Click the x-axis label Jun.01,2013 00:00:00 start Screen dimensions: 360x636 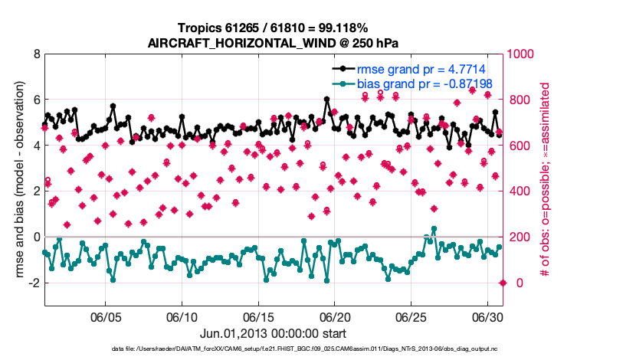[274, 334]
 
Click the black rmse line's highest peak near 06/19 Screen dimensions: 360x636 [327, 100]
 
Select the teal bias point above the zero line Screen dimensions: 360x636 [434, 229]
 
